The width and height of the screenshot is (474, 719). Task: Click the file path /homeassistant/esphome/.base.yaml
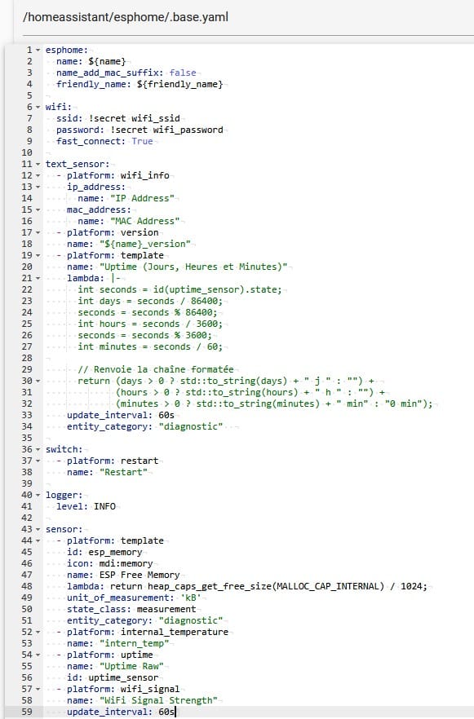126,17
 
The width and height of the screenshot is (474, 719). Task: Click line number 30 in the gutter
27,381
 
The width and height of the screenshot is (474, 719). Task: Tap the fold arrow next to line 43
38,530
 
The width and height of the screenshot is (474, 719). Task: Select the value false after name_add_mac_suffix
183,73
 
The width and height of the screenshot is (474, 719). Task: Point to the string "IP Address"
142,198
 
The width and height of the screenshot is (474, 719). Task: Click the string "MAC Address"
145,221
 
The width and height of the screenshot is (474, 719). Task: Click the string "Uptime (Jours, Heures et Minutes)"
193,267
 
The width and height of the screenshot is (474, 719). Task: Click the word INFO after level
104,506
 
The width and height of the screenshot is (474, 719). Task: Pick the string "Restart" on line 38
123,472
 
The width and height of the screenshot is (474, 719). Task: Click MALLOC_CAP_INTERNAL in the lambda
330,586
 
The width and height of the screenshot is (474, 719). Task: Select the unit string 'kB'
191,598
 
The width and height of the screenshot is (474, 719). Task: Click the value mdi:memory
126,563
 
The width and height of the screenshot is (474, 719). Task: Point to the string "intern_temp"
135,643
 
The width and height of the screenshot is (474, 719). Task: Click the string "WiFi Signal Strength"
158,701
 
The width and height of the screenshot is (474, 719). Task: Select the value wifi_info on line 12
145,175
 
